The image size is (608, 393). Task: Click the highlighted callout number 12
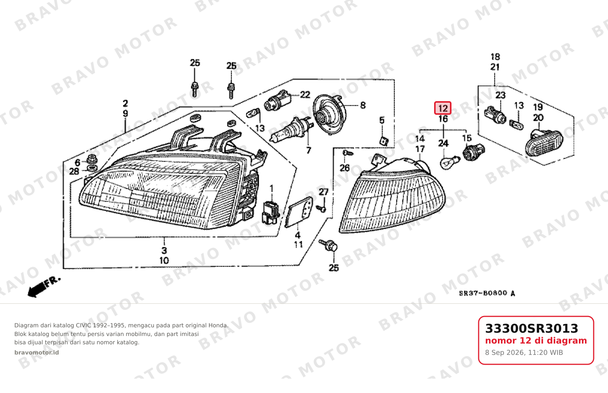[x=443, y=108]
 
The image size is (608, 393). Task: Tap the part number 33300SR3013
[x=531, y=328]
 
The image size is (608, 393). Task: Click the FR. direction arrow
[x=44, y=287]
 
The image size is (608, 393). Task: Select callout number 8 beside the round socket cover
[x=362, y=105]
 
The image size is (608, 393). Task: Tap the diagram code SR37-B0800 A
[x=487, y=293]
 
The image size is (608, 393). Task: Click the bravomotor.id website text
[x=37, y=353]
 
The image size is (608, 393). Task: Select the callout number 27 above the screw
[x=323, y=192]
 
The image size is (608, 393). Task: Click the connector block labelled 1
[x=270, y=213]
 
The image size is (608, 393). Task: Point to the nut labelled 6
[x=92, y=159]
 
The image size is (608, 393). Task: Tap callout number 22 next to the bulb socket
[x=305, y=94]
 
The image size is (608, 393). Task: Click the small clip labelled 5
[x=384, y=141]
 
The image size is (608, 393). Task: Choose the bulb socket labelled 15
[x=473, y=153]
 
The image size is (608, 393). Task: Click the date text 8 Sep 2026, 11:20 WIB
[x=524, y=353]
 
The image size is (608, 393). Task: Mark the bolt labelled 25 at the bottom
[x=329, y=245]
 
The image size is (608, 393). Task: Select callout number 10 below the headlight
[x=164, y=260]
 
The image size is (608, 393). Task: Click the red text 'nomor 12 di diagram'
[x=536, y=341]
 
